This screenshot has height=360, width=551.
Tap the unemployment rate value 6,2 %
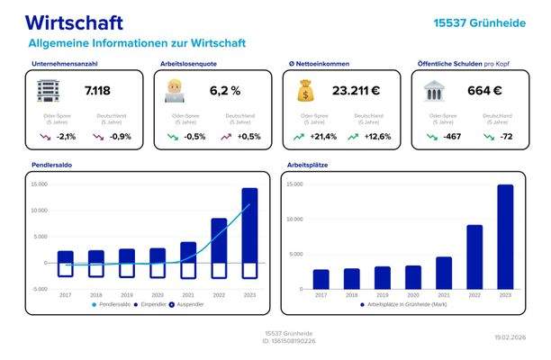point(225,91)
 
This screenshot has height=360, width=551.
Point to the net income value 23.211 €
point(356,91)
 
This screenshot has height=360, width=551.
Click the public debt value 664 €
point(484,91)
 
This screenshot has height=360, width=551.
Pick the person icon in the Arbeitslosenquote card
point(175,90)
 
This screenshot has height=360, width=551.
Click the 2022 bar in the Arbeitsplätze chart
point(474,256)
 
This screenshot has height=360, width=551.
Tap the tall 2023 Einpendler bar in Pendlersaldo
point(249,225)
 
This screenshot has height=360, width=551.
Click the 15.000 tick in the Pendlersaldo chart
point(39,184)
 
